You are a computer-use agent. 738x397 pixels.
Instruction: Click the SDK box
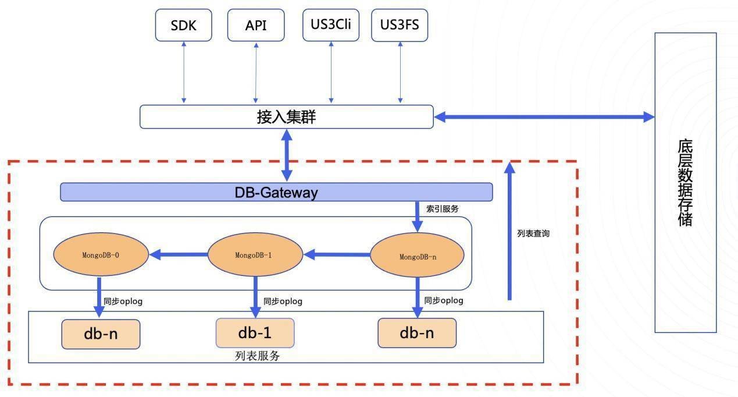coord(183,26)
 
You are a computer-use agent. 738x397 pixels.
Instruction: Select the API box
coord(256,26)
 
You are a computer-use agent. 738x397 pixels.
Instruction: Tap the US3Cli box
coord(331,26)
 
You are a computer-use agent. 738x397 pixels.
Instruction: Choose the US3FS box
coord(399,26)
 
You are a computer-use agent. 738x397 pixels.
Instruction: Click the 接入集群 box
coord(286,116)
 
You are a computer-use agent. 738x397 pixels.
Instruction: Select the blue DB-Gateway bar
coord(276,192)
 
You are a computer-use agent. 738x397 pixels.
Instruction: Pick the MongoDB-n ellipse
coord(418,256)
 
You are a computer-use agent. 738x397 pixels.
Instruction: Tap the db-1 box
coord(255,334)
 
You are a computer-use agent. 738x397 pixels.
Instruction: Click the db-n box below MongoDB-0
coord(101,334)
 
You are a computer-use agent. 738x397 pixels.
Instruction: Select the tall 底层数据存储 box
coord(685,182)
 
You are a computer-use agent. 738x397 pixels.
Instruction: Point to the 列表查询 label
coord(533,233)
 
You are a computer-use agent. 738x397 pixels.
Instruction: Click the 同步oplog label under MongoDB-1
coord(283,302)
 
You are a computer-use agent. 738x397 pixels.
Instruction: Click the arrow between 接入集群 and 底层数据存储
coord(544,117)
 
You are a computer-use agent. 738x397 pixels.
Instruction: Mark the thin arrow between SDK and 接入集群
coord(184,73)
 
